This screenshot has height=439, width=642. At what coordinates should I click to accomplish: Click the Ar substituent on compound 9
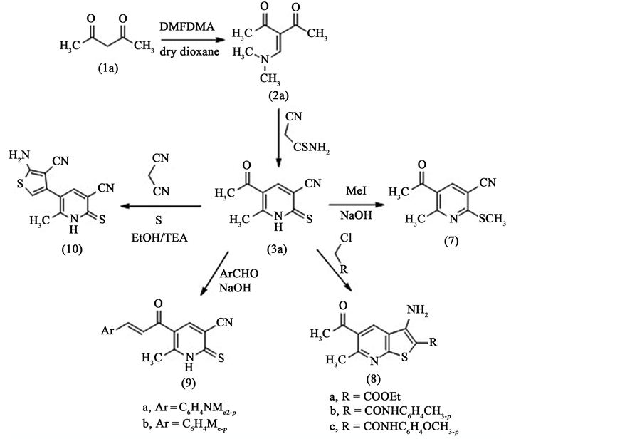(x=109, y=330)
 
